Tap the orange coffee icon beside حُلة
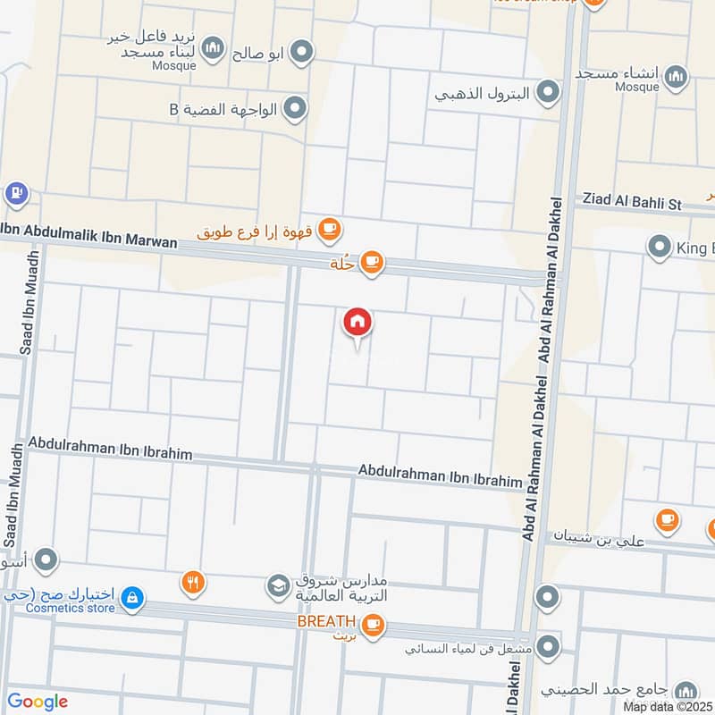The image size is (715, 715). [x=372, y=263]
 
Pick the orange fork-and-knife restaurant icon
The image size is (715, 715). [x=192, y=583]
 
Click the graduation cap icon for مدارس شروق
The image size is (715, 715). [x=278, y=586]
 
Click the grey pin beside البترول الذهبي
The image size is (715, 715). [x=548, y=92]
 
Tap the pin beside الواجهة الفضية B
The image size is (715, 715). [x=297, y=110]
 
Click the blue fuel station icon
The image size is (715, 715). [x=15, y=192]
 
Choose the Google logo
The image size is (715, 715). [x=38, y=702]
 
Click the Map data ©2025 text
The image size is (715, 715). [x=667, y=707]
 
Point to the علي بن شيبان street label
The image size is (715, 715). [x=601, y=536]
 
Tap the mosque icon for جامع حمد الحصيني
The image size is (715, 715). [x=686, y=691]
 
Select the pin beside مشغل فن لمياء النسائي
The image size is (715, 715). [x=549, y=645]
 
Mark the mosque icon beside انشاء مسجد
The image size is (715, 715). [x=677, y=75]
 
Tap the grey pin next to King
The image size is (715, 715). [x=660, y=245]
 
